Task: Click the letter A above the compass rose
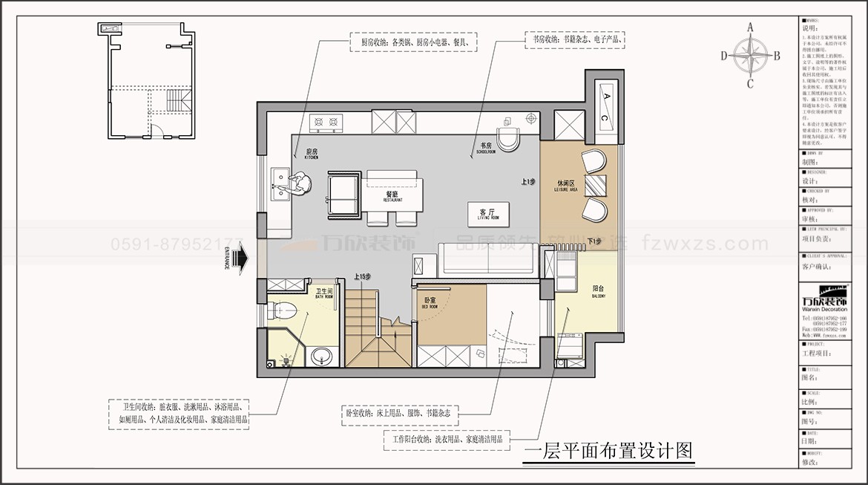tap(750, 27)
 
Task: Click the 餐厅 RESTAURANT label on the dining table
tap(392, 196)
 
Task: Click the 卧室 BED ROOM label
tap(430, 302)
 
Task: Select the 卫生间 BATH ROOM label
tap(324, 293)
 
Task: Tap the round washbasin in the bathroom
tap(321, 356)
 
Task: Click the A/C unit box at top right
tap(605, 106)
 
